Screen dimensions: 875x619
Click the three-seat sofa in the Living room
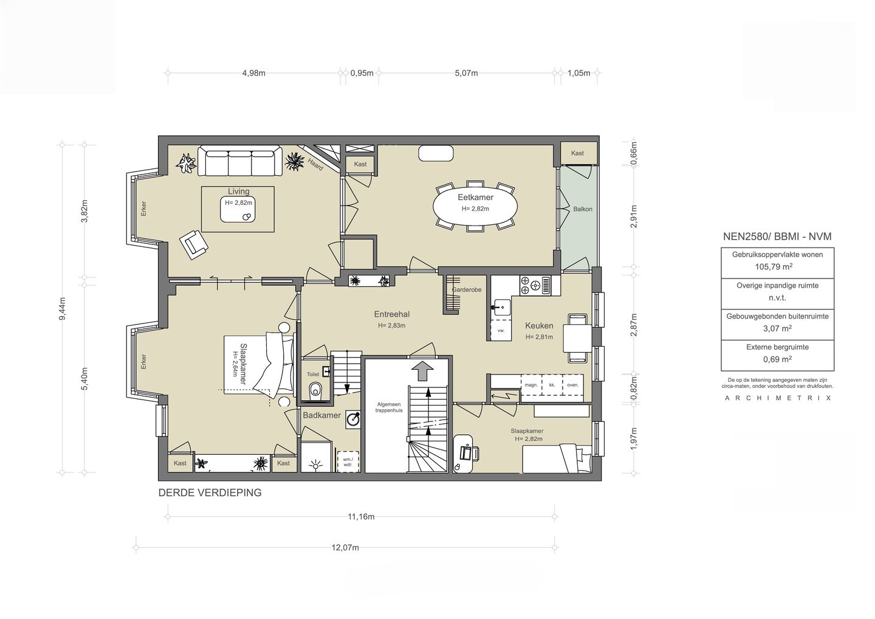pyautogui.click(x=239, y=161)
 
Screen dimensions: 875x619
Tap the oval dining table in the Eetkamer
pyautogui.click(x=475, y=207)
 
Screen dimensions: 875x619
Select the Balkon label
pyautogui.click(x=582, y=209)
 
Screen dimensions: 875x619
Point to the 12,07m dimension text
pyautogui.click(x=345, y=547)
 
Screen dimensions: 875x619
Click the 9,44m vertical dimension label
pyautogui.click(x=63, y=308)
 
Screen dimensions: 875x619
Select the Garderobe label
pyautogui.click(x=467, y=289)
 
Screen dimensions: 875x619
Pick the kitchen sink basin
pyautogui.click(x=501, y=307)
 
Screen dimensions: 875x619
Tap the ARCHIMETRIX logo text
pyautogui.click(x=778, y=398)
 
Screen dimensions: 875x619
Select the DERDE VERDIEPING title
pyautogui.click(x=210, y=493)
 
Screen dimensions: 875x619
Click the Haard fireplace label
pyautogui.click(x=315, y=164)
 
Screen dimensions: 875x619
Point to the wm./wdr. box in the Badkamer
pyautogui.click(x=348, y=462)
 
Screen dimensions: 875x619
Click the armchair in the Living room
pyautogui.click(x=193, y=244)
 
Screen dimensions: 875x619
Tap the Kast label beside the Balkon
pyautogui.click(x=577, y=153)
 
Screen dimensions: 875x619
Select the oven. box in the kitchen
pyautogui.click(x=572, y=384)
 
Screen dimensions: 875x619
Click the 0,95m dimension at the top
pyautogui.click(x=362, y=73)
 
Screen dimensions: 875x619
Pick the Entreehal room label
pyautogui.click(x=392, y=314)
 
